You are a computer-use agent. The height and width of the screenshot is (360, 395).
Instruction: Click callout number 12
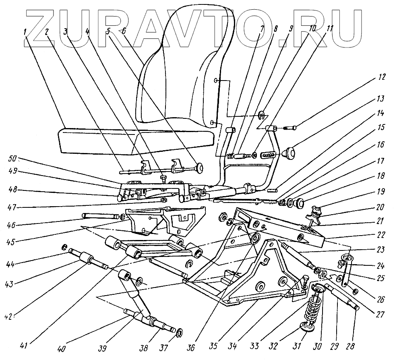click(x=381, y=77)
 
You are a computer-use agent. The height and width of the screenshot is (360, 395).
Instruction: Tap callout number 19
click(x=381, y=192)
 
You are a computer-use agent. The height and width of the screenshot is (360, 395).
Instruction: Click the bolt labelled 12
click(x=289, y=128)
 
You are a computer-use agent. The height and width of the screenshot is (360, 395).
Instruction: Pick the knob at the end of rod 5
click(x=199, y=168)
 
